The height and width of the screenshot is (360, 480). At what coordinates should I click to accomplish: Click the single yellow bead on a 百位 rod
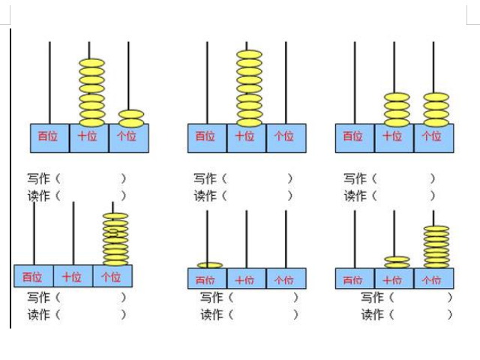click(210, 265)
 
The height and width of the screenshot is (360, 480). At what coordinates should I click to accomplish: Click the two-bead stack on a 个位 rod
click(131, 118)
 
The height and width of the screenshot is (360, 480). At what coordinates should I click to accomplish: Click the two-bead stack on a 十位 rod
click(397, 261)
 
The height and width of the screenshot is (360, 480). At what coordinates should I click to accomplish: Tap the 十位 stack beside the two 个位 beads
click(91, 91)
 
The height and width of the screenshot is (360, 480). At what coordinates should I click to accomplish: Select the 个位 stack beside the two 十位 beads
click(436, 246)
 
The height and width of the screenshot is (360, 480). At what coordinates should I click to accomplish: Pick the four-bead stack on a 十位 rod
click(397, 109)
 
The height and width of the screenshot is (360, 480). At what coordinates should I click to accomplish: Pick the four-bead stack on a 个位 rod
click(436, 109)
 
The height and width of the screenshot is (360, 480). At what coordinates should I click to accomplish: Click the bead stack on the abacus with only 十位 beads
click(249, 88)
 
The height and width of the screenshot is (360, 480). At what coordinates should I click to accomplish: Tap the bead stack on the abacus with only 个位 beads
click(115, 238)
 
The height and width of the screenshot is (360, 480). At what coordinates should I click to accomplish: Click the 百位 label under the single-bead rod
click(205, 280)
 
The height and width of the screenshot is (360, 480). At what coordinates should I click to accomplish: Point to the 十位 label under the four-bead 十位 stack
click(391, 136)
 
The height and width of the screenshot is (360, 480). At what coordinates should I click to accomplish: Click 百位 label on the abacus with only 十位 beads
click(205, 136)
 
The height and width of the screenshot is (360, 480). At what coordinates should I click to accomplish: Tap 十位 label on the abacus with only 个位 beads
click(72, 277)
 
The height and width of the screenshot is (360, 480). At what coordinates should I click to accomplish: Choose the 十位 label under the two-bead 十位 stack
click(391, 280)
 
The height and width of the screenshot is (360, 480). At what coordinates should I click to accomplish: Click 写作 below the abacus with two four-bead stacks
click(355, 178)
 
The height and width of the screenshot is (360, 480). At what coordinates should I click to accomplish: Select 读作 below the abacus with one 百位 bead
click(211, 314)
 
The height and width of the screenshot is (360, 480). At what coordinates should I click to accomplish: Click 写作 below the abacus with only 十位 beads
click(205, 178)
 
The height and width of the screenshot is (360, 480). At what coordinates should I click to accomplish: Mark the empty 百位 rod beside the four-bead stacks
click(355, 82)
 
